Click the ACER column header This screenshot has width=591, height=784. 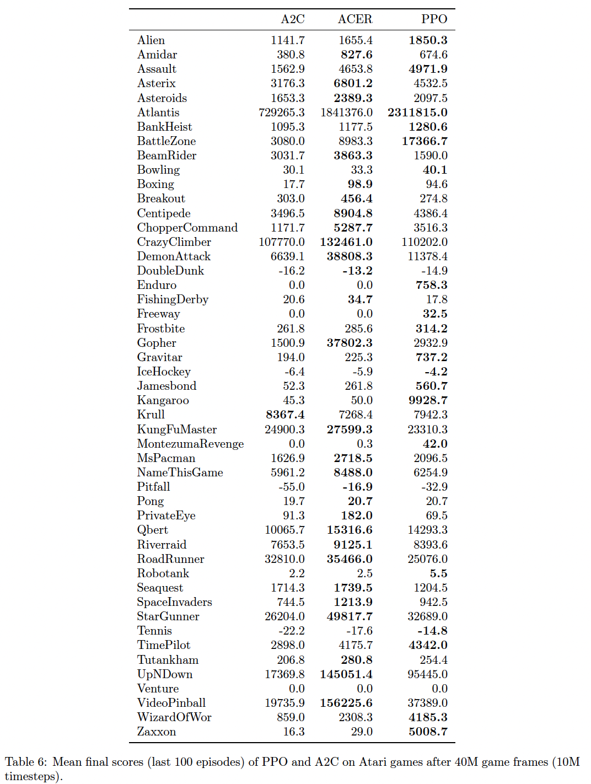coord(355,19)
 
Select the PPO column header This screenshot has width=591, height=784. coord(434,19)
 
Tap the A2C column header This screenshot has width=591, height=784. coord(293,19)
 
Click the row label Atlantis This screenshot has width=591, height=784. coord(158,112)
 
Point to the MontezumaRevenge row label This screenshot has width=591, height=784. coord(190,444)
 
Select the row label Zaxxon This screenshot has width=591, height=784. coord(157,732)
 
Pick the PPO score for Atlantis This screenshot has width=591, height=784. coord(417,112)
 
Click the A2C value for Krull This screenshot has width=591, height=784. coord(285,415)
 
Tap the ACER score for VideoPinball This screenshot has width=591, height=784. coord(346,703)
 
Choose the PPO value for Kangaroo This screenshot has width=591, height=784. coord(428,400)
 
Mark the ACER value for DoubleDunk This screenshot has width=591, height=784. coord(357,271)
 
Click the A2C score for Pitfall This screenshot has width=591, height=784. coord(292,487)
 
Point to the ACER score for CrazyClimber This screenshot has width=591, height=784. coord(346,242)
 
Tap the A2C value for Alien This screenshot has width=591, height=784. coord(288,40)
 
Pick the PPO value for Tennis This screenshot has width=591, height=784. coord(432,631)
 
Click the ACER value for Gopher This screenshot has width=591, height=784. coord(350,343)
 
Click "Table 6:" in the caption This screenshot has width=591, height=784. coord(26,762)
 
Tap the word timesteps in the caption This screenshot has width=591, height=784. coord(31,776)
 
